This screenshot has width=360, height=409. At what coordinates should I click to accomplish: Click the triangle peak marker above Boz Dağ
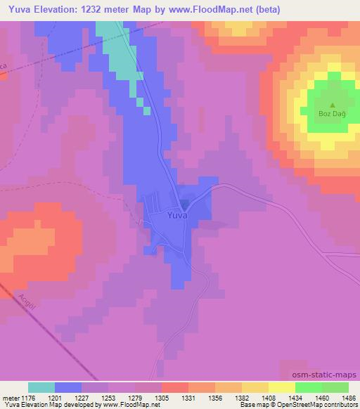[x=333, y=103]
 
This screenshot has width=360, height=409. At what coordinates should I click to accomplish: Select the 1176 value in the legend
[x=28, y=397]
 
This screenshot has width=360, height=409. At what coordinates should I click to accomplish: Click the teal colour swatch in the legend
[x=41, y=387]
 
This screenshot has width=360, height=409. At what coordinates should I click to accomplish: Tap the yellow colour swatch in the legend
[x=282, y=387]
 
